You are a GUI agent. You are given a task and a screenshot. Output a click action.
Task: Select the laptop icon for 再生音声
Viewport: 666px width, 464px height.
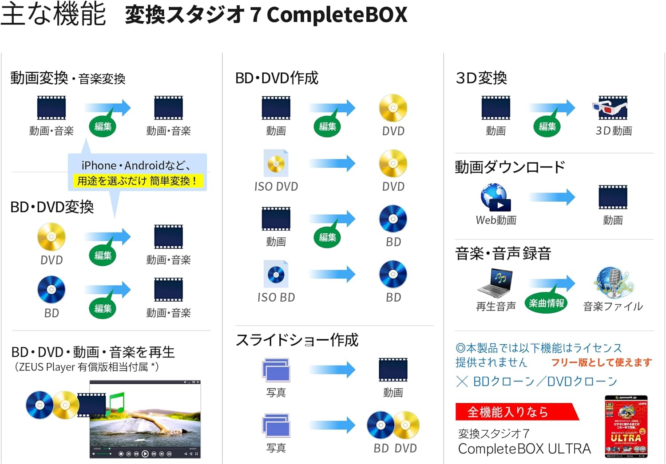(496, 282)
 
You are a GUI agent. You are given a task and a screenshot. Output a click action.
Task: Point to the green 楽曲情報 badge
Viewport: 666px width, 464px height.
(546, 303)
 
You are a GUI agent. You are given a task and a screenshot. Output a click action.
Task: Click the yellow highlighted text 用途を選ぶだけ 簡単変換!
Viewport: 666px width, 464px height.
(137, 181)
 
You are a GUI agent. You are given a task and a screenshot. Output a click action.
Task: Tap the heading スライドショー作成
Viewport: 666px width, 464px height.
(297, 340)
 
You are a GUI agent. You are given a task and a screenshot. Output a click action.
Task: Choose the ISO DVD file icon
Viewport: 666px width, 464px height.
(276, 164)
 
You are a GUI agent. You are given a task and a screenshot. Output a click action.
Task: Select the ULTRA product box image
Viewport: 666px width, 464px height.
(626, 426)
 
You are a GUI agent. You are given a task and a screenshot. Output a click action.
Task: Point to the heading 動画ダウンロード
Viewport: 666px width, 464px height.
(510, 167)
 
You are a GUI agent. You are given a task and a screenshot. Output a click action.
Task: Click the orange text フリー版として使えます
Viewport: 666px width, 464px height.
(601, 362)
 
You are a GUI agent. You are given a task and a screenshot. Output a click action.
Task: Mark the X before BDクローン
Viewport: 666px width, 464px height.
(462, 381)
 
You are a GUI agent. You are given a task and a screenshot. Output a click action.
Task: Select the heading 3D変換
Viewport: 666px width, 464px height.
(481, 78)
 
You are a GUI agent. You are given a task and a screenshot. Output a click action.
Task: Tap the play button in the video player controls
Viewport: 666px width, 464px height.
(145, 454)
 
